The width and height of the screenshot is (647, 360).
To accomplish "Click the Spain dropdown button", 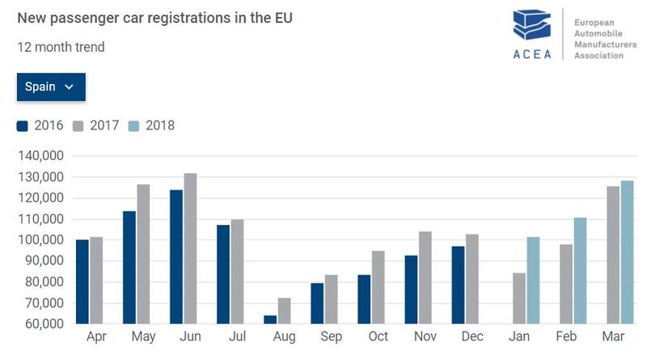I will pyautogui.click(x=50, y=87).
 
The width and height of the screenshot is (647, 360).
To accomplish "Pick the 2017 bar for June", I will pyautogui.click(x=190, y=248).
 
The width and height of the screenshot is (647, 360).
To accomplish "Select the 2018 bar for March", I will pyautogui.click(x=627, y=252).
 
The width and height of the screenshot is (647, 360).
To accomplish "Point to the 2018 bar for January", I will pyautogui.click(x=533, y=280).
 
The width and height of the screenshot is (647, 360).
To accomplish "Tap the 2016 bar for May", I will pyautogui.click(x=129, y=267).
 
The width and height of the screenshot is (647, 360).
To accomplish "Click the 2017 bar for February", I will pyautogui.click(x=566, y=283).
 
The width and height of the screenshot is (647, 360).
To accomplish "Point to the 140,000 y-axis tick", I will pyautogui.click(x=41, y=156).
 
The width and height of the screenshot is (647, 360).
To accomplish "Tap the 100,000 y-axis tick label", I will pyautogui.click(x=41, y=240).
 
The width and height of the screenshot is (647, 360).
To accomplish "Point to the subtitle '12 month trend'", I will pyautogui.click(x=61, y=47).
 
